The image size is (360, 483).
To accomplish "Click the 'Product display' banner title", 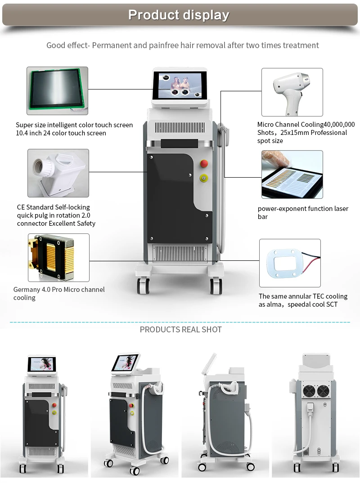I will click(x=179, y=15).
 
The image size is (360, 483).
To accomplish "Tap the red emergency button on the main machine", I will click(x=204, y=163).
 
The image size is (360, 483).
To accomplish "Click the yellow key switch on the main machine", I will click(x=204, y=179).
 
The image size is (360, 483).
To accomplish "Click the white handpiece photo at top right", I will click(x=292, y=92).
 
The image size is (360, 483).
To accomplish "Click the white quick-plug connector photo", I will click(x=58, y=173).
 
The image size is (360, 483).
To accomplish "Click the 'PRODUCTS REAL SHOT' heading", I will click(x=180, y=330).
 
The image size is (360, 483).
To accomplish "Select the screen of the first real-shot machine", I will click(x=41, y=364).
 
